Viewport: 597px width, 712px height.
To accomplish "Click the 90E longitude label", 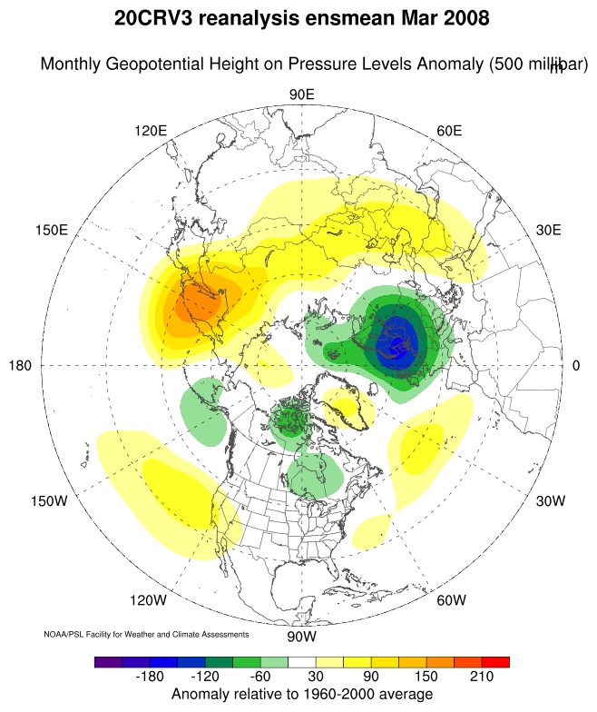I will (x=300, y=95).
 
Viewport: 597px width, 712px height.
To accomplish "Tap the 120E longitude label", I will (x=151, y=131).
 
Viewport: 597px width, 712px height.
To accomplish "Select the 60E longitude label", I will (x=449, y=131).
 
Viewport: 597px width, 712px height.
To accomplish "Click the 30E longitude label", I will (x=549, y=230).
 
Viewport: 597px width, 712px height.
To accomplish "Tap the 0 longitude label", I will (x=575, y=365).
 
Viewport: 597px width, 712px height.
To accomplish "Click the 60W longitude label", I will (x=451, y=600).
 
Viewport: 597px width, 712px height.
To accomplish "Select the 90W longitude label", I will (x=300, y=636).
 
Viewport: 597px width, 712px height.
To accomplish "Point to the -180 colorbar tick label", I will (x=150, y=678).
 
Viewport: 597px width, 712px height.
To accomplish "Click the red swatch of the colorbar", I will (x=495, y=662).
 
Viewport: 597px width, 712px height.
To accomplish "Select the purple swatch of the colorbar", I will (x=107, y=662).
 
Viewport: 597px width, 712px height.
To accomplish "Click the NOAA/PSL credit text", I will (x=146, y=633).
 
